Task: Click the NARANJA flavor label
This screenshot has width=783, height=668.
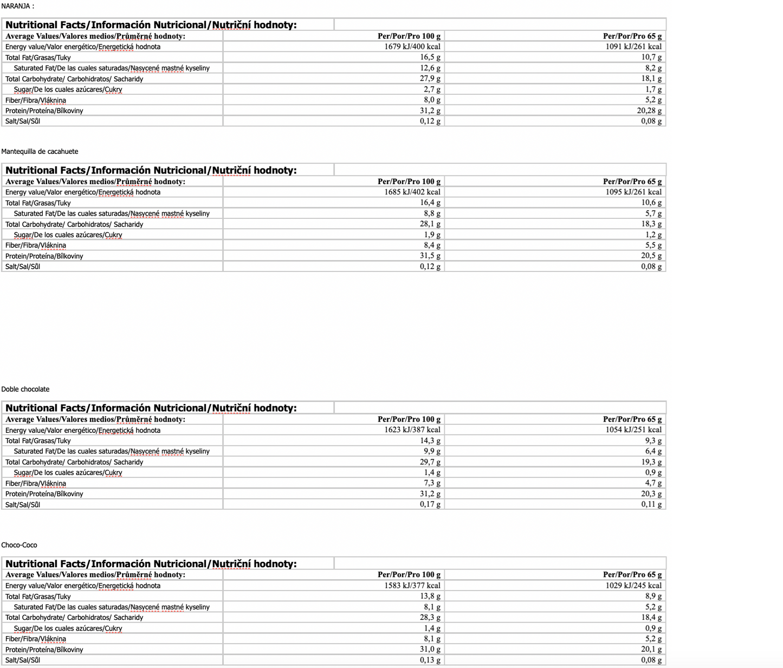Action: click(17, 6)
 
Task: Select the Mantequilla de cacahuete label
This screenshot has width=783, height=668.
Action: click(40, 152)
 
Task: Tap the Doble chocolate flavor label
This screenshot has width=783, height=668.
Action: click(25, 390)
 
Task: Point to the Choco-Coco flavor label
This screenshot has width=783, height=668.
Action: click(19, 545)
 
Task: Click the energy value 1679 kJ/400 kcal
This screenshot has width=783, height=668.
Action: click(412, 47)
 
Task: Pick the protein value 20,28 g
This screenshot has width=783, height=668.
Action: click(649, 111)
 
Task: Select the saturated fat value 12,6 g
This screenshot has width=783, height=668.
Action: click(430, 68)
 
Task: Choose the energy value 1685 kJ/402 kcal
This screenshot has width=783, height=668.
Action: click(412, 192)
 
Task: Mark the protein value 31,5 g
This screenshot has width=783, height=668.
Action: click(430, 256)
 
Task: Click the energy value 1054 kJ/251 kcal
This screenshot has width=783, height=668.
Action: click(633, 430)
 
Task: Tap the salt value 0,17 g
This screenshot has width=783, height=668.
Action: click(430, 504)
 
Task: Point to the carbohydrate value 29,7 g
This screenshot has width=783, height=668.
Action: click(430, 462)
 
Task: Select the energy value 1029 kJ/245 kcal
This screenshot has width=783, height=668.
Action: click(633, 586)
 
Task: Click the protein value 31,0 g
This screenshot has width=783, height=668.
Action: click(430, 650)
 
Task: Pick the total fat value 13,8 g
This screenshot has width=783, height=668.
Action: click(430, 596)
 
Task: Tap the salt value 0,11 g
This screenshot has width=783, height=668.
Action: click(651, 504)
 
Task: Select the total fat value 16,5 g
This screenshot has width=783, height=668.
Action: click(430, 57)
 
